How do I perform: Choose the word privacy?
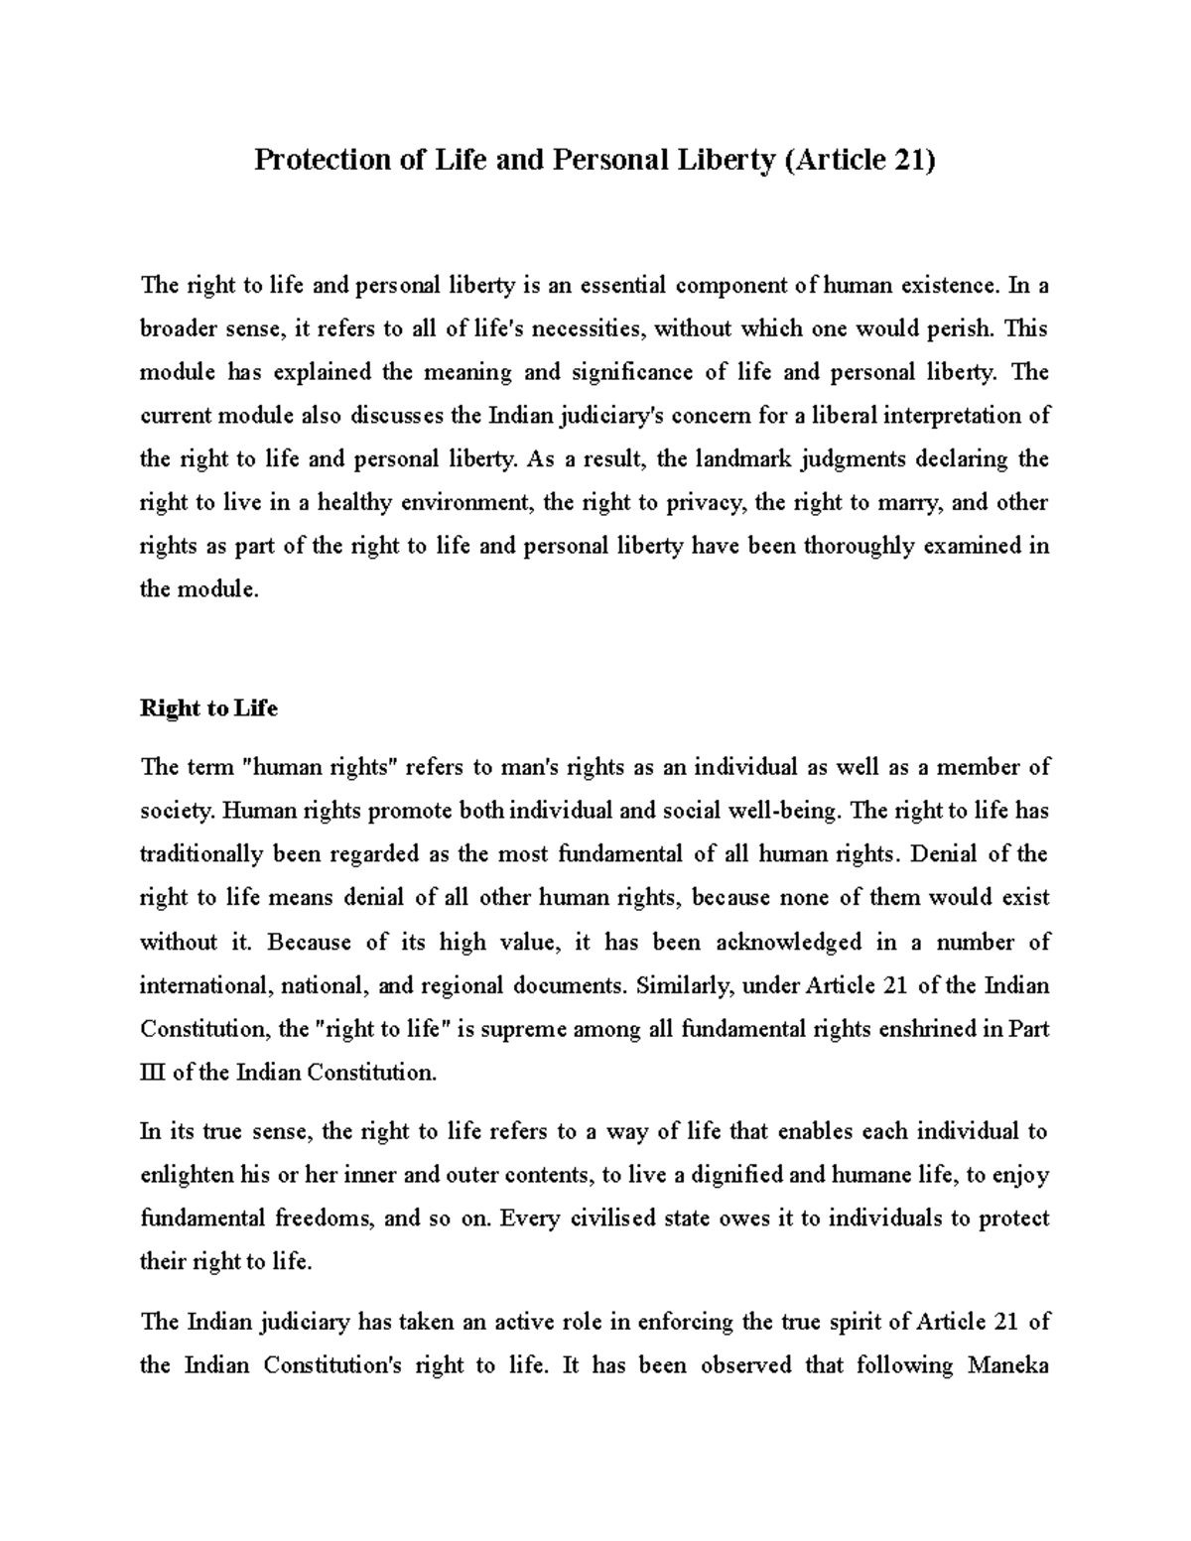click(706, 502)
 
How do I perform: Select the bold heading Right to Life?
click(208, 708)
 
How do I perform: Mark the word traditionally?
click(201, 854)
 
